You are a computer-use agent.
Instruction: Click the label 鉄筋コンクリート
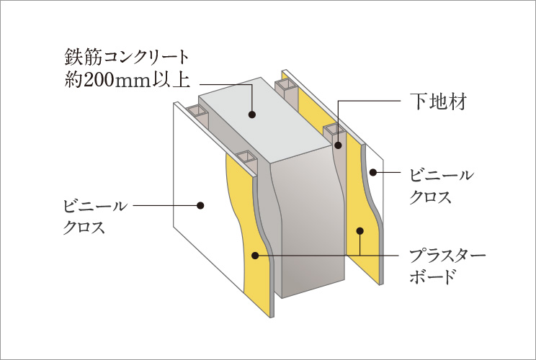click(x=127, y=57)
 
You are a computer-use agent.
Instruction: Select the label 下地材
click(x=438, y=101)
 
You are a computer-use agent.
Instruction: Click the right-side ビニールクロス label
click(x=442, y=186)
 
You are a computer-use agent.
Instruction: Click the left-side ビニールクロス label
click(x=95, y=217)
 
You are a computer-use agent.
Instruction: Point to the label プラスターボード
click(x=447, y=266)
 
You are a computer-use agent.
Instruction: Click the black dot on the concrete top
click(x=252, y=114)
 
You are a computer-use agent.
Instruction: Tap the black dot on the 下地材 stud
click(x=338, y=145)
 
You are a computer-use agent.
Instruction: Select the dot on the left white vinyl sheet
click(x=200, y=206)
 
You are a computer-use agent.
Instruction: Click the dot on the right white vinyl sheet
click(x=373, y=173)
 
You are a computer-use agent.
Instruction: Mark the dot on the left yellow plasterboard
click(x=254, y=256)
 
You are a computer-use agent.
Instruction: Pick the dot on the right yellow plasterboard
click(x=359, y=231)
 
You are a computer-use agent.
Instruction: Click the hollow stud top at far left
click(x=197, y=110)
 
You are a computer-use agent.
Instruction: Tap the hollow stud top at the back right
click(x=285, y=84)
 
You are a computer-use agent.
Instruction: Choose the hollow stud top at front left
click(x=246, y=156)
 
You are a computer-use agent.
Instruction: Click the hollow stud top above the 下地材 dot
click(x=334, y=130)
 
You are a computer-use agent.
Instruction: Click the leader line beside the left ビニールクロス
click(x=166, y=206)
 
